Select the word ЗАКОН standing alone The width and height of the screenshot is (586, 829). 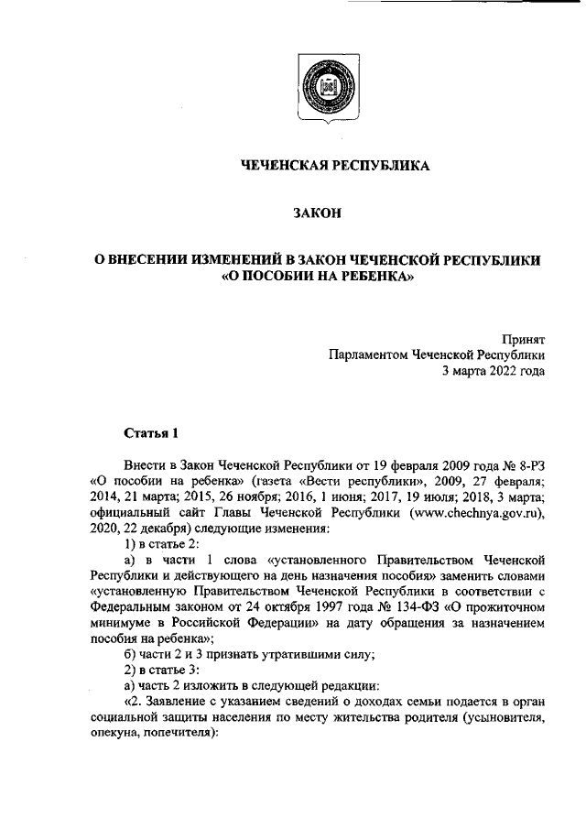(317, 213)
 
